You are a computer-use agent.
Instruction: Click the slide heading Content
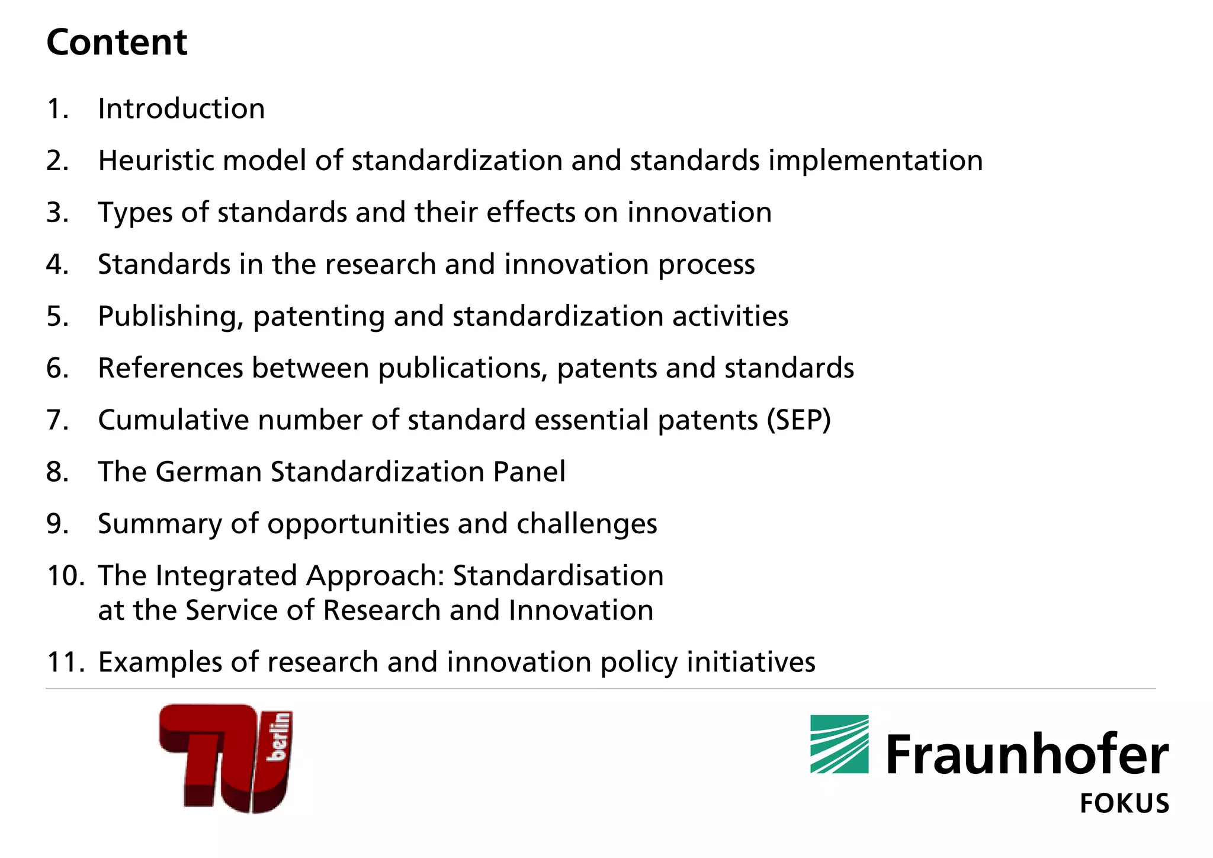click(117, 43)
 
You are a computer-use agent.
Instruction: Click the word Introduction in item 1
click(181, 109)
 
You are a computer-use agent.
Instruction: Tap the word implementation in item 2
click(875, 161)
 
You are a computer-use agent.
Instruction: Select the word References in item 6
click(171, 368)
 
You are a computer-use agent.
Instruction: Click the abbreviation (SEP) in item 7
click(798, 420)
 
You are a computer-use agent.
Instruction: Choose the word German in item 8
click(209, 472)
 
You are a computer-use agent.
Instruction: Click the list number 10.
click(65, 576)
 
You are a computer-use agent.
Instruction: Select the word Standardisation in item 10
click(558, 576)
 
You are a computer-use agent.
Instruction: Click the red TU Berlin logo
click(226, 758)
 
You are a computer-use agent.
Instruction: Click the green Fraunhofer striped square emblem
click(839, 744)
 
